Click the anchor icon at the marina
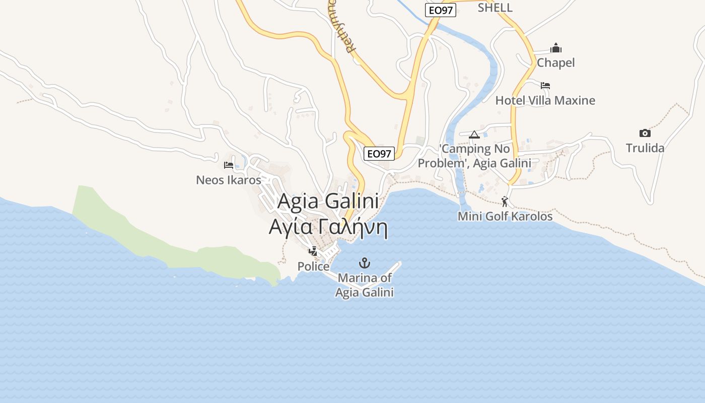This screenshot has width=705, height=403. click(x=364, y=263)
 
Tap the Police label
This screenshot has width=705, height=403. click(x=313, y=266)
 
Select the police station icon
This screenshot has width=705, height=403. click(x=313, y=251)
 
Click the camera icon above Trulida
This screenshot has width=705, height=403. click(x=645, y=133)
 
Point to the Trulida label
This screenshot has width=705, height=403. click(x=645, y=148)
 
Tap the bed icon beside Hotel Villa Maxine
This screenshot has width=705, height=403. click(x=545, y=86)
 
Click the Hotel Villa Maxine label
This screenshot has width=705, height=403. click(x=545, y=100)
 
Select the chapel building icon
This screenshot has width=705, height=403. click(x=556, y=48)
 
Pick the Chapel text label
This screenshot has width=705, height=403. click(x=555, y=63)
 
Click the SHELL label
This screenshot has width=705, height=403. click(x=495, y=8)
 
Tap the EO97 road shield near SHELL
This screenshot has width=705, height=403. click(x=440, y=10)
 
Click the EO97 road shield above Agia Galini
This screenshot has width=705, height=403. click(x=379, y=154)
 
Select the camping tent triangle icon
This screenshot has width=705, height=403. click(x=474, y=135)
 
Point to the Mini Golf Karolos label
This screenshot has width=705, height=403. click(x=505, y=217)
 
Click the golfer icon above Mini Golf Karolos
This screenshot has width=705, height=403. click(x=505, y=201)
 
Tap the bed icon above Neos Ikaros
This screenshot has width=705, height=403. click(x=229, y=165)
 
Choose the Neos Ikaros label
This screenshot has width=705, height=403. click(x=229, y=180)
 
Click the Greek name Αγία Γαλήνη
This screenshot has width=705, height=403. click(x=328, y=228)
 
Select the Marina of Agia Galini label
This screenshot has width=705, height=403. click(x=364, y=285)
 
